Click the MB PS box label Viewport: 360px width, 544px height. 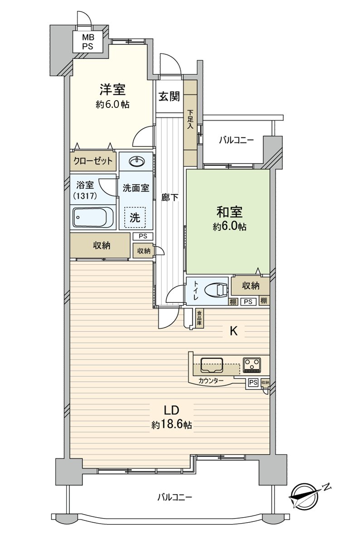pyautogui.click(x=88, y=42)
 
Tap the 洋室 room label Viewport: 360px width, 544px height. pyautogui.click(x=112, y=90)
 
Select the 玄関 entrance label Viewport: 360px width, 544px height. pyautogui.click(x=169, y=97)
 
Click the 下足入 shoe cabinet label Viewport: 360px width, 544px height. pyautogui.click(x=190, y=120)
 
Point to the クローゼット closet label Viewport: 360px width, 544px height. pyautogui.click(x=93, y=161)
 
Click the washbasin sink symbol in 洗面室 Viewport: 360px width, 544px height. pyautogui.click(x=137, y=161)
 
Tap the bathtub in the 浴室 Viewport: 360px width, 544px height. pyautogui.click(x=93, y=217)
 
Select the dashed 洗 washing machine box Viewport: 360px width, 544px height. pyautogui.click(x=135, y=217)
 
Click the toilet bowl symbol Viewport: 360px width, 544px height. pyautogui.click(x=216, y=290)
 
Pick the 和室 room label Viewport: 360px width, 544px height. pyautogui.click(x=229, y=212)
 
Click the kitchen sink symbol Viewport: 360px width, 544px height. pyautogui.click(x=212, y=365)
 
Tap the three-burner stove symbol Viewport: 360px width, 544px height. pyautogui.click(x=252, y=365)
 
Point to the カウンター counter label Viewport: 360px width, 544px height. pyautogui.click(x=211, y=380)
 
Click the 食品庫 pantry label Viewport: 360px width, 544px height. pyautogui.click(x=199, y=318)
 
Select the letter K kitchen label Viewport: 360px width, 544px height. pyautogui.click(x=234, y=331)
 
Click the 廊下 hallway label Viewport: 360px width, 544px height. pyautogui.click(x=170, y=198)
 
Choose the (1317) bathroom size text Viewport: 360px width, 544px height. pyautogui.click(x=85, y=196)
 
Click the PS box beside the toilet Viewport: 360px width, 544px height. pyautogui.click(x=248, y=301)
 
